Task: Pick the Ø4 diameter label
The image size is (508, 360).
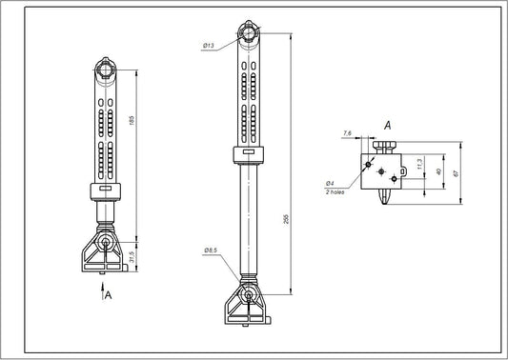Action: click(329, 182)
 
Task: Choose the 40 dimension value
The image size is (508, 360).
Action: click(438, 170)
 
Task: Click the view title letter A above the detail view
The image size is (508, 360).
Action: click(388, 125)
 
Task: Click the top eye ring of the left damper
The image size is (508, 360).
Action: click(104, 69)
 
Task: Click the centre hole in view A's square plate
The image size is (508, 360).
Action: click(381, 172)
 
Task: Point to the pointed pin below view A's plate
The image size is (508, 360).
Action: click(384, 196)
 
